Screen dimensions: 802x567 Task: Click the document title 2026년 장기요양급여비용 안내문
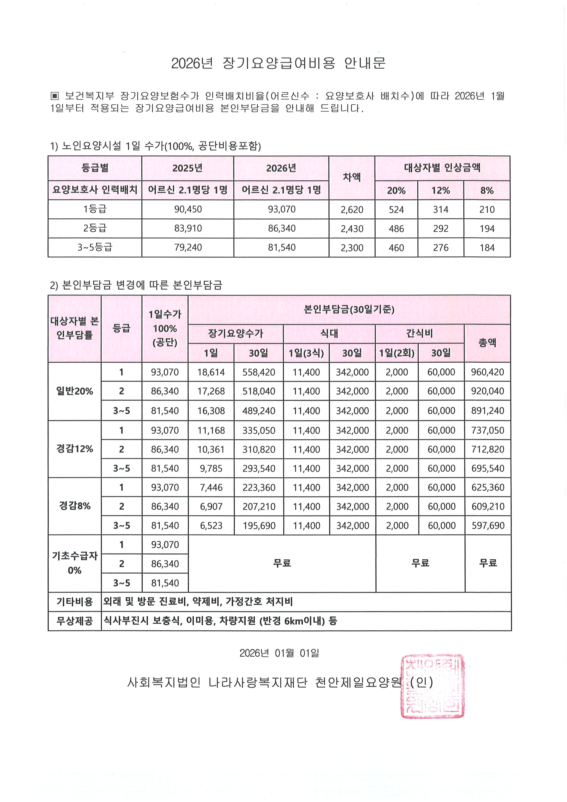pos(278,63)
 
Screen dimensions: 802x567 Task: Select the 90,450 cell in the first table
pos(188,209)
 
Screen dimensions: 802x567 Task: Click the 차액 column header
pos(352,177)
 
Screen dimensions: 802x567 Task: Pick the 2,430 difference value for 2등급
pos(352,229)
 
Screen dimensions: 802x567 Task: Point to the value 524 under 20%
pos(396,209)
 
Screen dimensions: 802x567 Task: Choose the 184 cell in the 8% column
pos(487,248)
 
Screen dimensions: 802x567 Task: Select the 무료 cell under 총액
pos(488,563)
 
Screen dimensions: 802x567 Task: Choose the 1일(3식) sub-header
pos(306,353)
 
